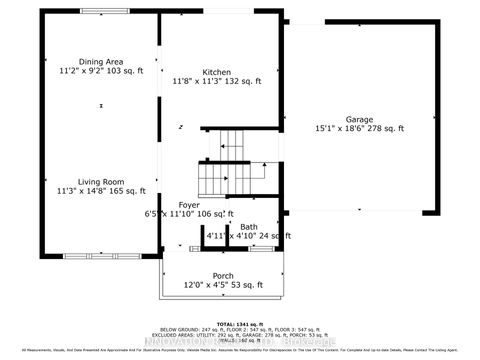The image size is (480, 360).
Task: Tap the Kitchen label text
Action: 216,72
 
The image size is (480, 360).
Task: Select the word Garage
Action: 359,118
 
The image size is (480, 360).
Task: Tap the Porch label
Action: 222,276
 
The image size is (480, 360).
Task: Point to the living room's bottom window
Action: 90,256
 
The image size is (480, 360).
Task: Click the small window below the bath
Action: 260,247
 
